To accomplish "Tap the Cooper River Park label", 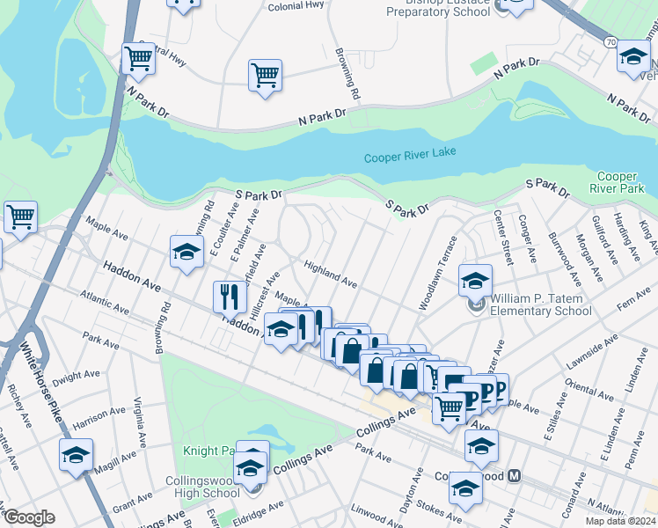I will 620,183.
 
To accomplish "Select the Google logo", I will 28,517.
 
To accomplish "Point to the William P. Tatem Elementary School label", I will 541,304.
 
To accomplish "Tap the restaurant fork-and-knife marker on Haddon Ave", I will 227,297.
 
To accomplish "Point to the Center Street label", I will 502,237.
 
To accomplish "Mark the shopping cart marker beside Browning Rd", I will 265,77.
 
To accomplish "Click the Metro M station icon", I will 516,477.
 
